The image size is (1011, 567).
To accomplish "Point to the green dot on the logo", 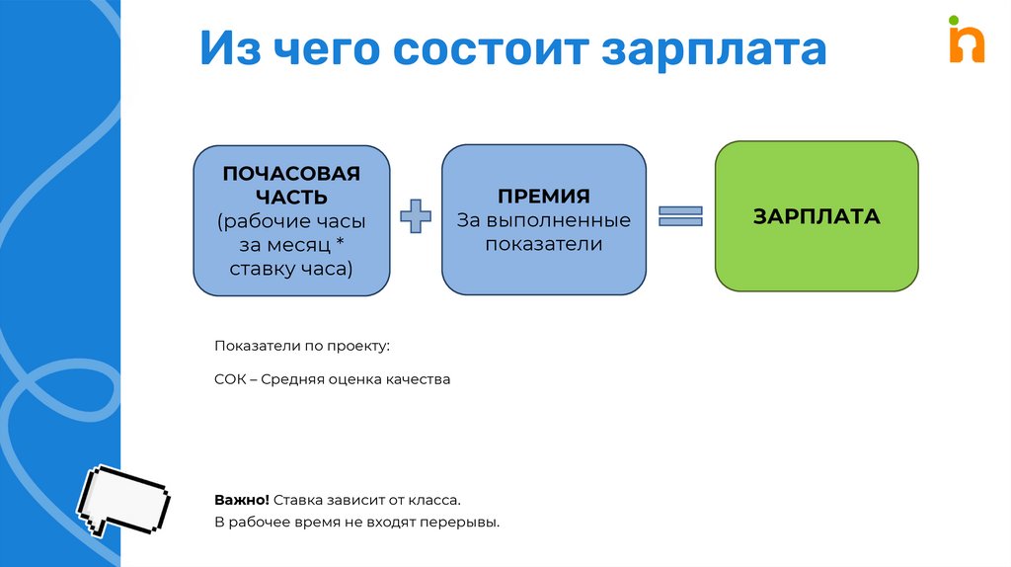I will click(955, 20).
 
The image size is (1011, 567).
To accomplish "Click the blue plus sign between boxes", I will click(416, 216).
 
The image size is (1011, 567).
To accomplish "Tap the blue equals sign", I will click(680, 216).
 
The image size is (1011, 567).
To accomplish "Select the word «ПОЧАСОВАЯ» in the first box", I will click(290, 174).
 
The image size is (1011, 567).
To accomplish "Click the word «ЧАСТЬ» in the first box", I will click(290, 198).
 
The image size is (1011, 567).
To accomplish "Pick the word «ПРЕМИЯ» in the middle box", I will click(544, 196).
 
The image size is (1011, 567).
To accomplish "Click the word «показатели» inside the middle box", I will click(544, 244).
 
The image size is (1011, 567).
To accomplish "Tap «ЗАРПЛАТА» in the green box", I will click(816, 216).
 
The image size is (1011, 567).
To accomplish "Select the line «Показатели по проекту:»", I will click(302, 346).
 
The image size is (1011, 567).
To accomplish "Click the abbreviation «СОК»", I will click(229, 378).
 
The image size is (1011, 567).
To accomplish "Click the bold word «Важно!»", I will click(241, 501).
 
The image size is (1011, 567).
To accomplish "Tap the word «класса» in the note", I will click(433, 501).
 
